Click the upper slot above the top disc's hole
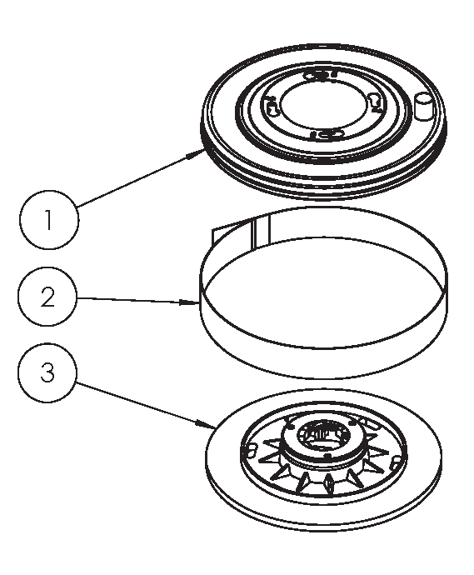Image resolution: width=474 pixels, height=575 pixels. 321,75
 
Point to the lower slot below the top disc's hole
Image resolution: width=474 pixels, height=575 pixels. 327,133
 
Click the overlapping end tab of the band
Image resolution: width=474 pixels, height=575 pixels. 241,232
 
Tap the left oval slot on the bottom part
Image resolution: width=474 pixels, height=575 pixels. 251,450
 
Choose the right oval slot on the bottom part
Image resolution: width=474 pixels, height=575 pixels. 395,463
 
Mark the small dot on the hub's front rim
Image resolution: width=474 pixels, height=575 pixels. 328,456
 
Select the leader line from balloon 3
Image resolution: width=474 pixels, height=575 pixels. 146,405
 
